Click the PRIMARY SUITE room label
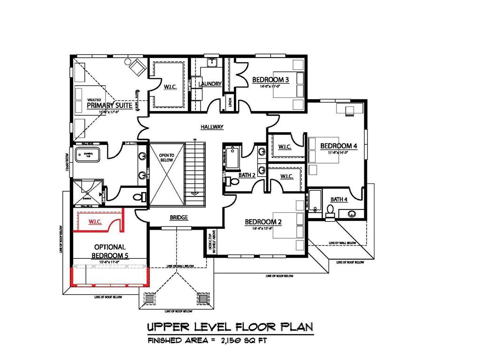click(x=109, y=105)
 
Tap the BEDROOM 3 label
click(x=270, y=80)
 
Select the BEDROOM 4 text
click(x=338, y=146)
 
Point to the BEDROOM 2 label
click(x=263, y=222)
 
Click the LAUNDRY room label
click(x=210, y=84)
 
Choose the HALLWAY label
click(x=212, y=127)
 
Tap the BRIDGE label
click(x=179, y=217)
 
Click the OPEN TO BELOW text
click(x=166, y=157)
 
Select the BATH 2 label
click(x=247, y=175)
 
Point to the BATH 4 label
click(x=339, y=199)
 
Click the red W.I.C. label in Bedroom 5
click(x=95, y=221)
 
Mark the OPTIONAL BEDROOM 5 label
click(x=110, y=251)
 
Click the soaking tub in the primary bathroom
click(x=88, y=153)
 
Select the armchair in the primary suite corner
click(x=136, y=67)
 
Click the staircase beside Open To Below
click(x=195, y=173)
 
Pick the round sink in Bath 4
click(x=352, y=214)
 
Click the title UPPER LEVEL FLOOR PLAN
click(x=230, y=326)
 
